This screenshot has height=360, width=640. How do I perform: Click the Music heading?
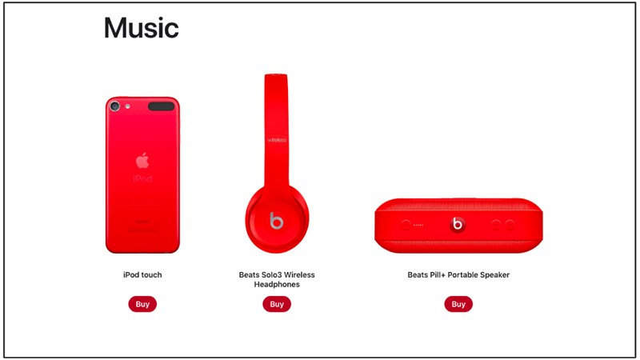pyautogui.click(x=141, y=28)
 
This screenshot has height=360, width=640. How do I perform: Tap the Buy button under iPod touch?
pyautogui.click(x=142, y=304)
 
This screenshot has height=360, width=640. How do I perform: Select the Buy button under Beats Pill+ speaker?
pyautogui.click(x=458, y=304)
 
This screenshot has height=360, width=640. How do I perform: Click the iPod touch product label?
pyautogui.click(x=142, y=275)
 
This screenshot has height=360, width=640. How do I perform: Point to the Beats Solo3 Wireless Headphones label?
pyautogui.click(x=277, y=279)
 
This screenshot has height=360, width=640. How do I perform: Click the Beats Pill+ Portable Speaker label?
pyautogui.click(x=458, y=275)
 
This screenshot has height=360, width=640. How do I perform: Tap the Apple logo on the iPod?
pyautogui.click(x=142, y=158)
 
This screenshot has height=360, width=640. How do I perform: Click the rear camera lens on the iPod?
pyautogui.click(x=115, y=106)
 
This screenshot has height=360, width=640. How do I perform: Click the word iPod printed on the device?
pyautogui.click(x=142, y=178)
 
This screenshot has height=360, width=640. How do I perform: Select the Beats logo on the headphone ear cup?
pyautogui.click(x=276, y=220)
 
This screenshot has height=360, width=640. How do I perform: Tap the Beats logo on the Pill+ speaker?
pyautogui.click(x=458, y=225)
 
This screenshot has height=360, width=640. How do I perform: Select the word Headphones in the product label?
pyautogui.click(x=277, y=284)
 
